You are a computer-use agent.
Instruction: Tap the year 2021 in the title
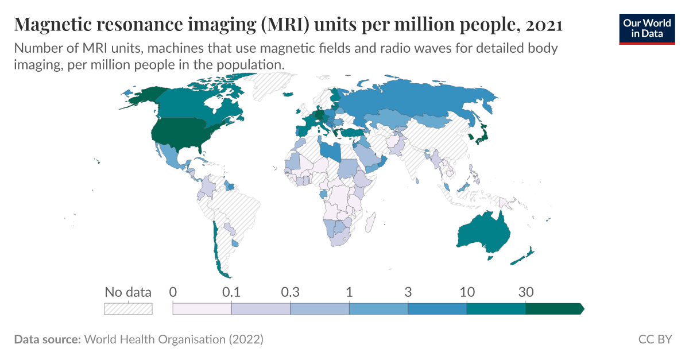click(543, 25)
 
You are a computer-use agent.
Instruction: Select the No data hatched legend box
click(128, 309)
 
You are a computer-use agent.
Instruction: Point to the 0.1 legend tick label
click(231, 292)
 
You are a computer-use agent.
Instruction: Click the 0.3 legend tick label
click(290, 292)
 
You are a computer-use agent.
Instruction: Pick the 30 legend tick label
click(526, 292)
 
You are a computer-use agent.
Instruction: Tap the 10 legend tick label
click(467, 292)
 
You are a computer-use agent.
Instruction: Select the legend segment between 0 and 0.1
click(202, 309)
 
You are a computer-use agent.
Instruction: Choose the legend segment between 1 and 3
click(378, 309)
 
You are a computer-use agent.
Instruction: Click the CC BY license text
click(655, 340)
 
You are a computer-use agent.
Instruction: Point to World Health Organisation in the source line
click(155, 340)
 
